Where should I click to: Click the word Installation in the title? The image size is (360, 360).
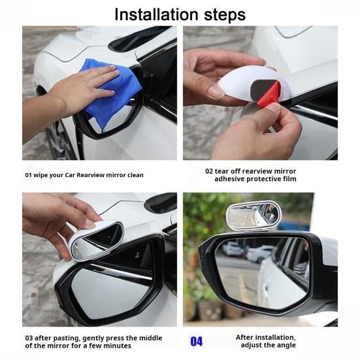[156, 14]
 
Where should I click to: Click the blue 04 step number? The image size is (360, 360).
[197, 341]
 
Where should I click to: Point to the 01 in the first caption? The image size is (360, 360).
[28, 175]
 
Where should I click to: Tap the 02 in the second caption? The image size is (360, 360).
[209, 171]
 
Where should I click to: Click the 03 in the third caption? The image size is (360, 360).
[29, 338]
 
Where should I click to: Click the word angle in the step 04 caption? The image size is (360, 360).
[286, 346]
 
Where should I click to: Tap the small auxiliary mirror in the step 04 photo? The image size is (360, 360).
[253, 216]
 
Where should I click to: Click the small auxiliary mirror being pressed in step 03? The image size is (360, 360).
[96, 240]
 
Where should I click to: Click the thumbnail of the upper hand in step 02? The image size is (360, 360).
[215, 91]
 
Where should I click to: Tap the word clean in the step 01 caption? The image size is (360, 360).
[135, 175]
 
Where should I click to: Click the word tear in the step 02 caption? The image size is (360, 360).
[222, 171]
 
